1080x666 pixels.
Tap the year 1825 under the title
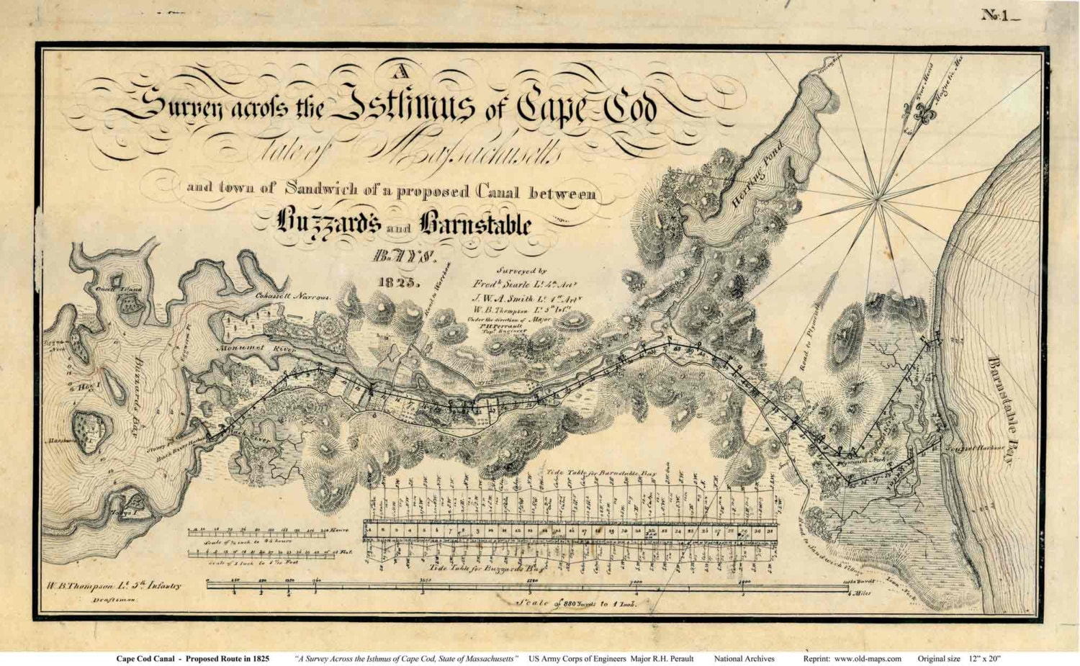396,281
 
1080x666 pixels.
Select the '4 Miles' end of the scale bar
858,593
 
